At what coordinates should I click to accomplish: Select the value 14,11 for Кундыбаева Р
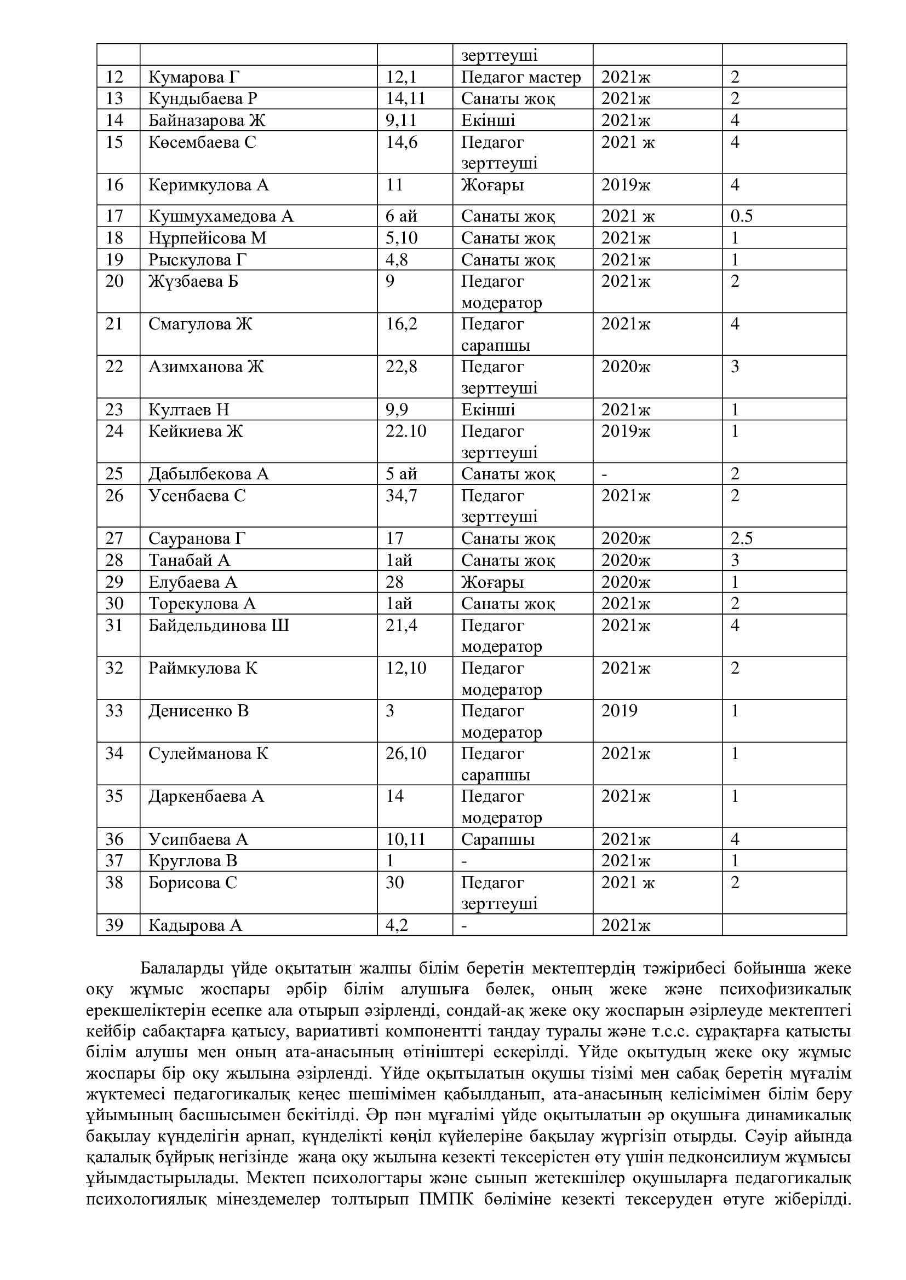(405, 99)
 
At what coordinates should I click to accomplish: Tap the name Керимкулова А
(209, 184)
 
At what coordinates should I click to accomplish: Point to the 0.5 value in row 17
(742, 216)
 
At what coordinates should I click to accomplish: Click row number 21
(114, 324)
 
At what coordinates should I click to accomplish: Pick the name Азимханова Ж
(206, 367)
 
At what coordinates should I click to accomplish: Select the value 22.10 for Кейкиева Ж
(405, 431)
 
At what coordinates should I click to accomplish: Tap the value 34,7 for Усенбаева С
(401, 496)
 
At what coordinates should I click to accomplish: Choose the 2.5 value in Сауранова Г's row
(742, 538)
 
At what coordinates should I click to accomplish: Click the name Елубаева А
(192, 582)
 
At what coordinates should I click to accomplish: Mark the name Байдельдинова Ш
(219, 625)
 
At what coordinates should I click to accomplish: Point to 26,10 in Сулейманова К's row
(405, 754)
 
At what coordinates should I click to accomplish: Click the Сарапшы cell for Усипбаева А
(497, 839)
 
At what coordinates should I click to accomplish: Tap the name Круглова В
(192, 861)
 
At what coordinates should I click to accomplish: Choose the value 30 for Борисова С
(394, 883)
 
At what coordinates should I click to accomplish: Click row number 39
(114, 925)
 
